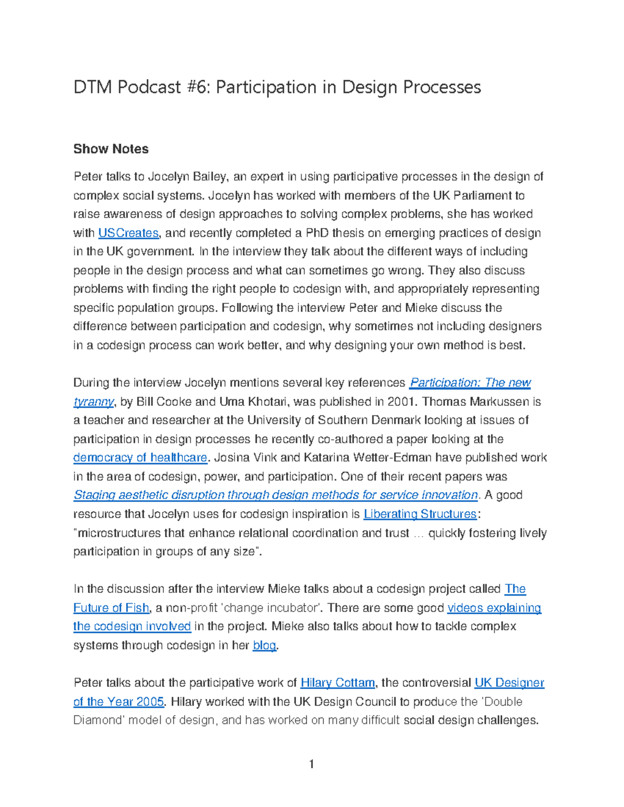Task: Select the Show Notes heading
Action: (x=111, y=149)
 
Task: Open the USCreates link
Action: (x=128, y=233)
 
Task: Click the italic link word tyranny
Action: (x=93, y=402)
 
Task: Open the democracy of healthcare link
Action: (x=140, y=458)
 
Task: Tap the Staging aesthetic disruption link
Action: (x=276, y=495)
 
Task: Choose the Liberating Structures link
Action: (x=420, y=514)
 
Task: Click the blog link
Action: (x=264, y=645)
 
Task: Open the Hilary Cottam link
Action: (x=337, y=683)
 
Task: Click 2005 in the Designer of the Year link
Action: (x=150, y=702)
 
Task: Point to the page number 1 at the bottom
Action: (x=311, y=764)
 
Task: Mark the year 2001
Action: (x=403, y=402)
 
